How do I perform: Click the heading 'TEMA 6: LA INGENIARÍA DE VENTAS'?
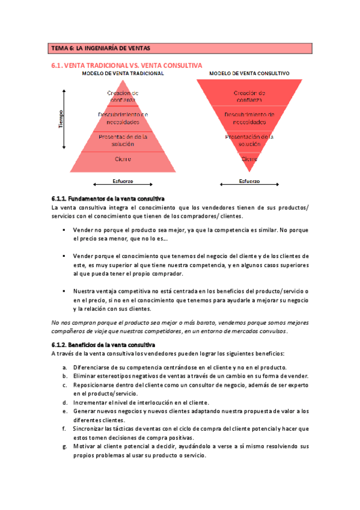point(100,48)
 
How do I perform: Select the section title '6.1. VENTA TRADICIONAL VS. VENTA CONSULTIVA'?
point(127,64)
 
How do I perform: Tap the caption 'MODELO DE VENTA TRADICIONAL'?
point(123,73)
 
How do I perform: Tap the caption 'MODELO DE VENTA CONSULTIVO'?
point(249,73)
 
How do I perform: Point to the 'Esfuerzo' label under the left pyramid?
point(123,181)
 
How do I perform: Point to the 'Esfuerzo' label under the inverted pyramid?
point(249,181)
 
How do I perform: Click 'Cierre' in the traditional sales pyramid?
point(123,159)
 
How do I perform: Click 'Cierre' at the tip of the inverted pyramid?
point(249,159)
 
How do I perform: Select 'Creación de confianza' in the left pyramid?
point(123,96)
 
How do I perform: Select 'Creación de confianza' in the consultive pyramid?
point(249,96)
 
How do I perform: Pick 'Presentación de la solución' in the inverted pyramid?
point(249,141)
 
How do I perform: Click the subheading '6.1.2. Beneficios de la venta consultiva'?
point(103,345)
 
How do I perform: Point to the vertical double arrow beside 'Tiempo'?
point(65,118)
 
